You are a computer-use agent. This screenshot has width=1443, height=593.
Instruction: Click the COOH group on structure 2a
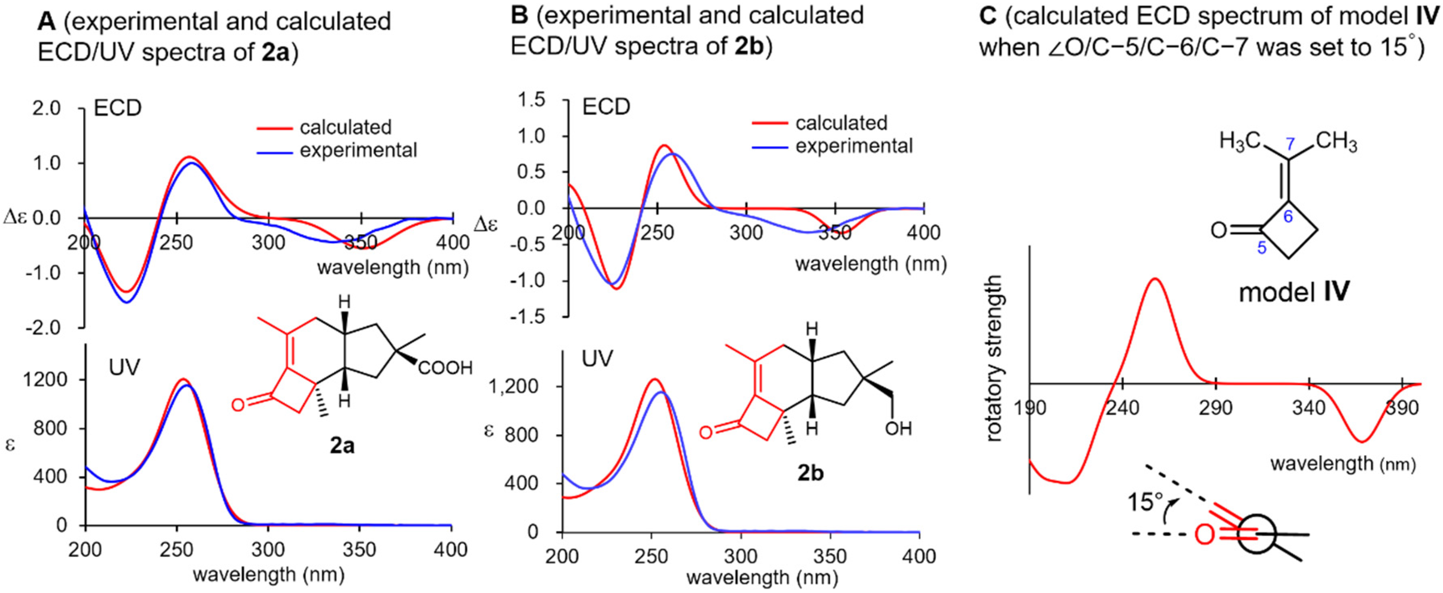[x=445, y=368]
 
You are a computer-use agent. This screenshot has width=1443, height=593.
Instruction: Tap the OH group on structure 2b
[x=899, y=429]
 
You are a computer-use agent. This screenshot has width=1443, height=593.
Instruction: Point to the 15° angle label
[x=1145, y=502]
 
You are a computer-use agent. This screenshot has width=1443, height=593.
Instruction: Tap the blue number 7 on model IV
[x=1290, y=144]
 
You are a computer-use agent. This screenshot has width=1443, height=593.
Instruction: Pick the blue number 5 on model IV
[x=1262, y=248]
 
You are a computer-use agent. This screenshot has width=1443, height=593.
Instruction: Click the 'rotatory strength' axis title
[x=994, y=358]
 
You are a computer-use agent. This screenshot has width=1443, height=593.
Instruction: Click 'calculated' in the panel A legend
[x=345, y=128]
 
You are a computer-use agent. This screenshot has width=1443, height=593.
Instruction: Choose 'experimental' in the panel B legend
[x=854, y=146]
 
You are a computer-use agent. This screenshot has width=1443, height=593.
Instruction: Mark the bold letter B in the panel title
[x=520, y=15]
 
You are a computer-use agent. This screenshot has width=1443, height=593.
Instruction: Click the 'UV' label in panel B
[x=597, y=358]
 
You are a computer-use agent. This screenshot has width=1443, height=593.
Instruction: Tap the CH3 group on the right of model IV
[x=1336, y=142]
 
